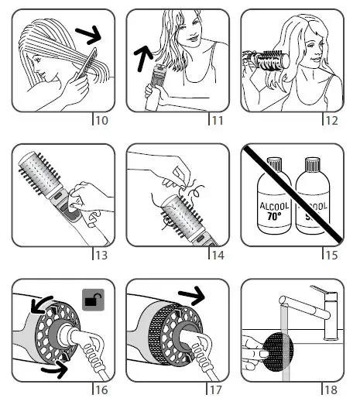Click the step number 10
[101, 120]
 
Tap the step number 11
[218, 120]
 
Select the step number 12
[333, 120]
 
